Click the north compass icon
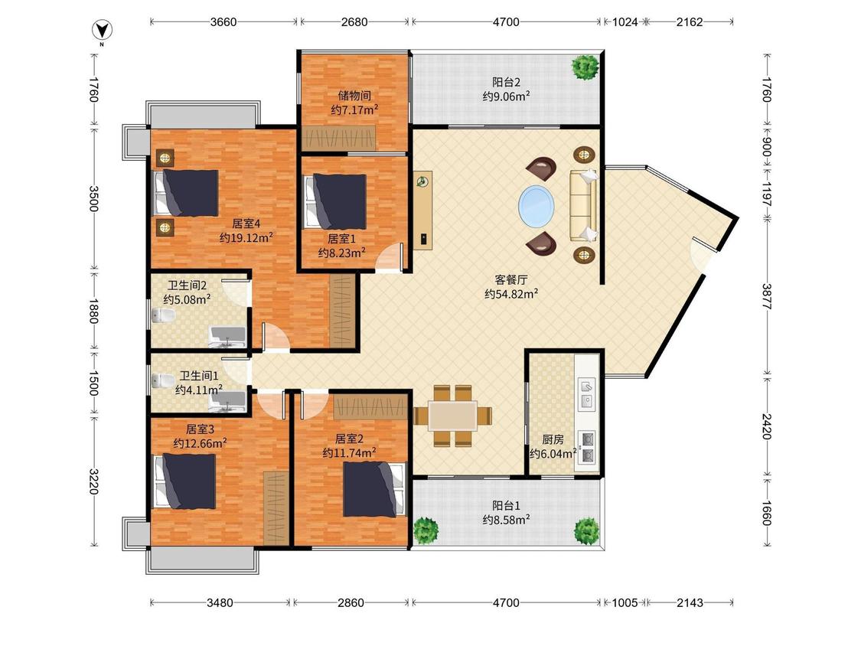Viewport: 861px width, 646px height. pyautogui.click(x=102, y=31)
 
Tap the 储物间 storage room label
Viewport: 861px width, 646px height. pyautogui.click(x=354, y=96)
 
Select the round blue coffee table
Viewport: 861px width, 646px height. pyautogui.click(x=536, y=207)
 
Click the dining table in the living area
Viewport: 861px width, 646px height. pyautogui.click(x=452, y=416)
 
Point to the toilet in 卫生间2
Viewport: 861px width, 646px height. pyautogui.click(x=163, y=315)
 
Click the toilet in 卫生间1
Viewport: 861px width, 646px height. pyautogui.click(x=163, y=380)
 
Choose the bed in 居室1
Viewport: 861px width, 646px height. pyautogui.click(x=334, y=201)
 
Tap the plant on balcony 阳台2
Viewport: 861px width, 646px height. pyautogui.click(x=585, y=67)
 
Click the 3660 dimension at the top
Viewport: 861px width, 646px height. pyautogui.click(x=223, y=22)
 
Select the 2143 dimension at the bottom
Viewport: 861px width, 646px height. pyautogui.click(x=690, y=602)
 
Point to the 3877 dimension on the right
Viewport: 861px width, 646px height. pyautogui.click(x=767, y=297)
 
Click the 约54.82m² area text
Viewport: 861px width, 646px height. pyautogui.click(x=511, y=294)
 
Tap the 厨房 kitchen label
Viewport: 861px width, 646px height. pyautogui.click(x=553, y=439)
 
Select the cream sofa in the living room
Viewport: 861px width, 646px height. pyautogui.click(x=583, y=206)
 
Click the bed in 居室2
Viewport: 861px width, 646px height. pyautogui.click(x=374, y=489)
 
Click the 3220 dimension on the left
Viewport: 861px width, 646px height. pyautogui.click(x=93, y=481)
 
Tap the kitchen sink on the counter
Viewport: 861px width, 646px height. pyautogui.click(x=586, y=393)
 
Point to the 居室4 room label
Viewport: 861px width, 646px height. pyautogui.click(x=246, y=223)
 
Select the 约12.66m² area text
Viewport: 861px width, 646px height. pyautogui.click(x=200, y=443)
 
